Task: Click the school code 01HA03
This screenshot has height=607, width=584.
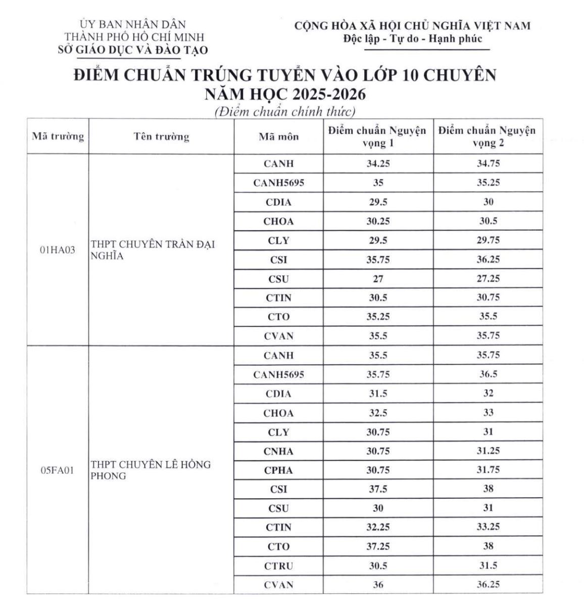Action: (x=58, y=250)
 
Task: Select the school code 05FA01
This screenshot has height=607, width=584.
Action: (x=58, y=470)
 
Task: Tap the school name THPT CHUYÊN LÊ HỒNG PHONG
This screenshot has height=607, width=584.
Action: (x=150, y=470)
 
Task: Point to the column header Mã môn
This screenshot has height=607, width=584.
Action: (x=278, y=137)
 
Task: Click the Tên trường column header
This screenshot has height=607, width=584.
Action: (x=161, y=137)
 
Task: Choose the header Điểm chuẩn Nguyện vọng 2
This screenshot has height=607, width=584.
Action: (x=488, y=137)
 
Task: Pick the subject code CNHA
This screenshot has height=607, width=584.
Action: (x=278, y=451)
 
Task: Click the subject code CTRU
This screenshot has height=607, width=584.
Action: (x=278, y=566)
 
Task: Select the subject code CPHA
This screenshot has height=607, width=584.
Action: (x=278, y=470)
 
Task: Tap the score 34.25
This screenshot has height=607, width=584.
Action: (x=378, y=164)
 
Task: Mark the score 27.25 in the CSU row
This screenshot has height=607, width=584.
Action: (x=488, y=279)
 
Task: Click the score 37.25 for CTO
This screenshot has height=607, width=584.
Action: (x=378, y=547)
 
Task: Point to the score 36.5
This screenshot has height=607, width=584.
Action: (x=488, y=375)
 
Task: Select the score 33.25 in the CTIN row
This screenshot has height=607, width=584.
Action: (x=488, y=527)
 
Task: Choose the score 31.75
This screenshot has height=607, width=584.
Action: (x=488, y=470)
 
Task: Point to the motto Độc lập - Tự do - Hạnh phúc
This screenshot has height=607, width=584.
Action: (x=413, y=38)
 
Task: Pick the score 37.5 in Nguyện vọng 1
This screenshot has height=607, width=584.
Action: (x=378, y=489)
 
